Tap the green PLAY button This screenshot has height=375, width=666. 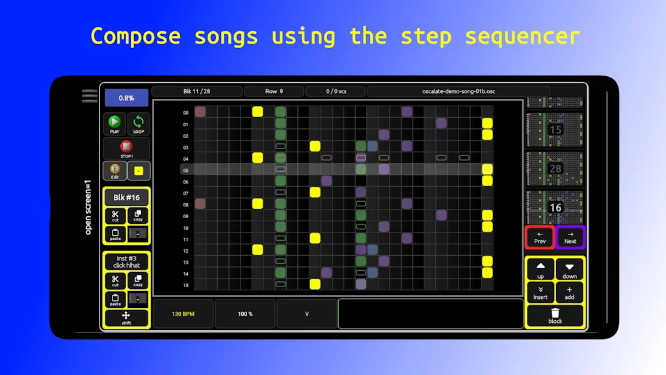coord(114,124)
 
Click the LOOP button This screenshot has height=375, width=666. coord(138,124)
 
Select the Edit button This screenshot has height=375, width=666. coord(114,171)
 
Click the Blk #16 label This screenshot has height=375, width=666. coord(126,198)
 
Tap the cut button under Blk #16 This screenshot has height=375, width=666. coord(115,215)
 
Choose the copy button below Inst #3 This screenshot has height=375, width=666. coord(138,281)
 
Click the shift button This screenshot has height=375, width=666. coord(126,318)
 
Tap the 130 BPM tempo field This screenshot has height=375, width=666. coord(183,314)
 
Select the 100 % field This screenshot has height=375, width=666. coord(245,314)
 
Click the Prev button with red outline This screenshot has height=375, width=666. coord(540,237)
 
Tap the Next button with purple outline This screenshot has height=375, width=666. coord(570,237)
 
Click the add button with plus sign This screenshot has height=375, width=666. coord(569,292)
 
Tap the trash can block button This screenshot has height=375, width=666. coord(555,316)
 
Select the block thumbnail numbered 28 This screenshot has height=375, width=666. coord(555,169)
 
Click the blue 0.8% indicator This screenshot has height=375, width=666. coord(126,98)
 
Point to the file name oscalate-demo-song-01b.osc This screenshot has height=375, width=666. coord(458,91)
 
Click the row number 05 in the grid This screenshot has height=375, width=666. coord(185,171)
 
